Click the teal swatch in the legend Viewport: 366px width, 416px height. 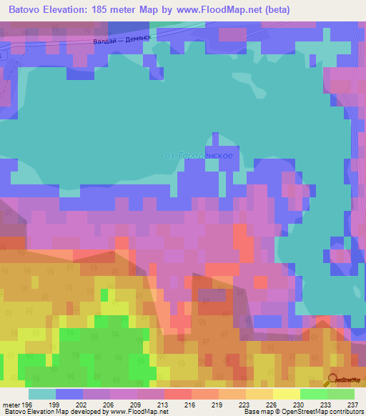click(x=42, y=394)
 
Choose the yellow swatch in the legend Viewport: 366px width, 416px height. click(x=286, y=394)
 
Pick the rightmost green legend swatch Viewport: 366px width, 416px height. click(x=341, y=394)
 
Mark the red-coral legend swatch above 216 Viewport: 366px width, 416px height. click(x=178, y=394)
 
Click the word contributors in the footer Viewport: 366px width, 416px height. click(x=345, y=412)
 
